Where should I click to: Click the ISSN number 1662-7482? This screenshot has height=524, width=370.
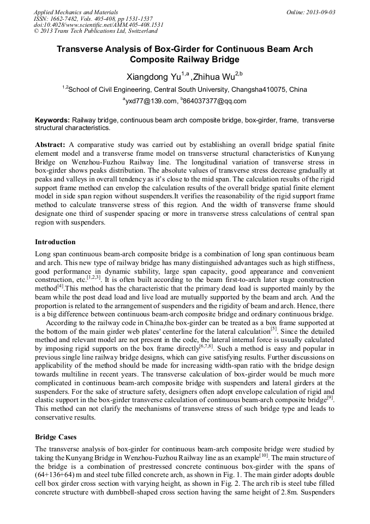[x=68, y=18]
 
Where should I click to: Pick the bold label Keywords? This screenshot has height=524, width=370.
[x=52, y=120]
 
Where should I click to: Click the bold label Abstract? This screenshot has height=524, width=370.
[x=50, y=144]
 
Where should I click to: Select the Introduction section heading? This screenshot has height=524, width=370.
[x=55, y=242]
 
